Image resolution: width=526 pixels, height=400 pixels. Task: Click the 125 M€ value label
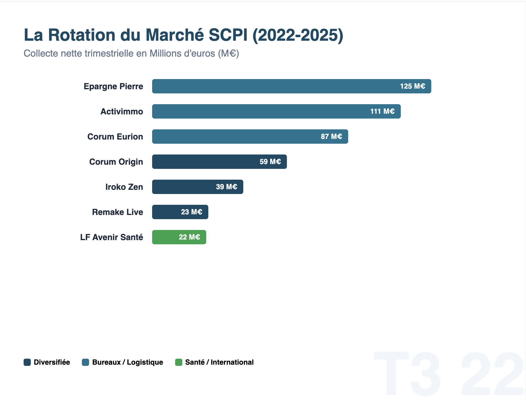point(412,86)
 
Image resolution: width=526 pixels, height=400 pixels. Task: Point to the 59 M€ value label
point(270,162)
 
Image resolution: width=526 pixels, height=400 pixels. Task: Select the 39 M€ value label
point(227,187)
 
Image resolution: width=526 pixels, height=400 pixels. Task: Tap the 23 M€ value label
point(192,212)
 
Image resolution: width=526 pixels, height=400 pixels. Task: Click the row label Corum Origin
point(116,162)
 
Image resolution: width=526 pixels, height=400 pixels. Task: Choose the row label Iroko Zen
point(124,187)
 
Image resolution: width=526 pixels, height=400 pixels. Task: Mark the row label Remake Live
point(117,212)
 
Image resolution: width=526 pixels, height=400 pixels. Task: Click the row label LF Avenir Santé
point(111,237)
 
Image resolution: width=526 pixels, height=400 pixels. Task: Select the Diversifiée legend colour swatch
point(27,362)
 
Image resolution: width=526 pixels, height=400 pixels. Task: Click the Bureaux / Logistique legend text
point(128,362)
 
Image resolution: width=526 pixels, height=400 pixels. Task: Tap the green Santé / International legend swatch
point(179,362)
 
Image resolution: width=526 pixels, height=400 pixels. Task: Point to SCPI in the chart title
point(228,35)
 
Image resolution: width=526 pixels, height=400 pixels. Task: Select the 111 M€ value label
point(382,111)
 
